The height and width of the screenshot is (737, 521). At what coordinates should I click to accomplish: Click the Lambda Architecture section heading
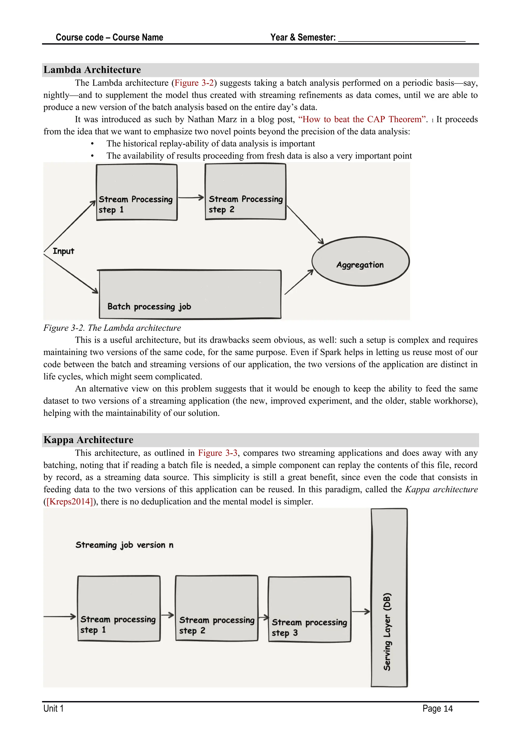click(x=92, y=70)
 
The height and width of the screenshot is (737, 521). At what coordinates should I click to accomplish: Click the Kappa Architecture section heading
click(x=88, y=440)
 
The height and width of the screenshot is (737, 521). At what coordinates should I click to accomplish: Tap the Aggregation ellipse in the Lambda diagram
click(x=360, y=261)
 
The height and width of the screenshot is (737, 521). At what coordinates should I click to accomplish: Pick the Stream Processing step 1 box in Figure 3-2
click(x=137, y=192)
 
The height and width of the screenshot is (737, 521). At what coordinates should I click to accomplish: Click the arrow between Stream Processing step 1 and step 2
click(x=191, y=197)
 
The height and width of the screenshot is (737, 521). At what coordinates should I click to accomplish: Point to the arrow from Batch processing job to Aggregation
click(x=299, y=282)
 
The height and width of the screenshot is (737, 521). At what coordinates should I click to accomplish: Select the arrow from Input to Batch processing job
click(x=71, y=274)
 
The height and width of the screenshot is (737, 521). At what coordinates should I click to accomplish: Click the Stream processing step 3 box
click(x=309, y=609)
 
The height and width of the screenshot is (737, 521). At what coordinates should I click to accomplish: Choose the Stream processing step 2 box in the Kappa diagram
click(x=216, y=608)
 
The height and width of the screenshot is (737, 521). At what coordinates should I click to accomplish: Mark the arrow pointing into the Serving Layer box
click(x=361, y=612)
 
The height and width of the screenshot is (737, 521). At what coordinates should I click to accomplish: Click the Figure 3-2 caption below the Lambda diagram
click(x=112, y=328)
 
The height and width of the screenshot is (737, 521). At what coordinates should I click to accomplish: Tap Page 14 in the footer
click(x=437, y=708)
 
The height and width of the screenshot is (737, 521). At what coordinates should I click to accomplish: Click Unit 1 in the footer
click(x=54, y=708)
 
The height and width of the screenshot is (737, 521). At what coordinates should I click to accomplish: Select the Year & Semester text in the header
click(x=303, y=38)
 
